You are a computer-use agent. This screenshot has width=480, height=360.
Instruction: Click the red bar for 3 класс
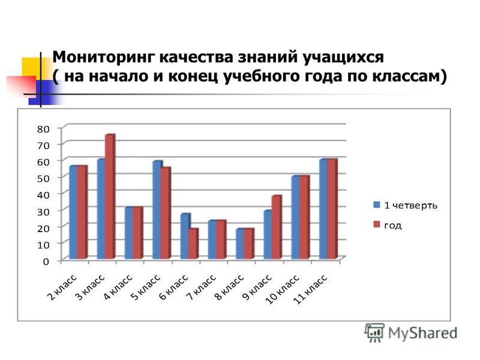[x=110, y=197]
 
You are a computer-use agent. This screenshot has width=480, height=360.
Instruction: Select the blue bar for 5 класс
[x=157, y=210]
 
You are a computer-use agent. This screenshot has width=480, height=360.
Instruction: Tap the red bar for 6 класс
[x=193, y=244]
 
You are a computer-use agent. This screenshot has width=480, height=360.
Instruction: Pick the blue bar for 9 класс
[x=268, y=235]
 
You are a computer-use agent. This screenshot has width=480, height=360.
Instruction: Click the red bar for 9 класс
[x=277, y=227]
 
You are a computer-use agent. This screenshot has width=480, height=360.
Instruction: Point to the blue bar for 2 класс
[x=73, y=212]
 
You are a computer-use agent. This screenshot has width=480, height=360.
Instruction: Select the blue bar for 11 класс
[x=323, y=209]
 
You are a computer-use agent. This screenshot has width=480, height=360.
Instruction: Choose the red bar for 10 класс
[x=304, y=217]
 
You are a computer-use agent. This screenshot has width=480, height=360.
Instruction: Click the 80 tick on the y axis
[x=43, y=129]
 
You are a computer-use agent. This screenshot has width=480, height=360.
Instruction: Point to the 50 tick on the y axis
[x=43, y=178]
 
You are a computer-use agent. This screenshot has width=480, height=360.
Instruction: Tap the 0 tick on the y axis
[x=46, y=262]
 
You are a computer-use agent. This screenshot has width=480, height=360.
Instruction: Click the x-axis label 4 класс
[x=118, y=287]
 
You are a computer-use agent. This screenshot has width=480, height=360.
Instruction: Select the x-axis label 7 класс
[x=202, y=287]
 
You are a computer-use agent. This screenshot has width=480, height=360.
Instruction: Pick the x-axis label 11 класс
[x=310, y=289]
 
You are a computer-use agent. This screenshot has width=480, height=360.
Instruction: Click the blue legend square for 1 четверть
[x=377, y=205]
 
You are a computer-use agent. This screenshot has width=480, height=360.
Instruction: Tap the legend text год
[x=393, y=226]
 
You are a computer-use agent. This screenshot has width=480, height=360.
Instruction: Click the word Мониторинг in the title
[x=103, y=58]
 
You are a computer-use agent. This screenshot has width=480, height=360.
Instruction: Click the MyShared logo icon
[x=374, y=332]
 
